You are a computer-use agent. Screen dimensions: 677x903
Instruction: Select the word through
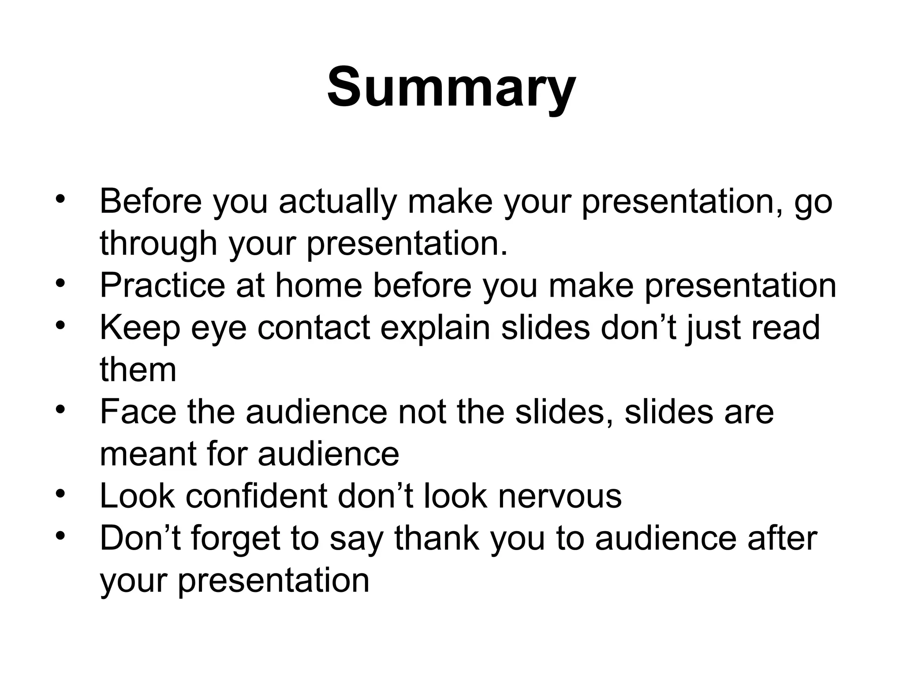click(x=158, y=244)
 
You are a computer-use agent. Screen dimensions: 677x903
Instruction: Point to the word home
click(x=318, y=285)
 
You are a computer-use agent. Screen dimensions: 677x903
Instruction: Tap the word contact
click(x=313, y=327)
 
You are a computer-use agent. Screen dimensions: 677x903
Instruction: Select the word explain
click(x=435, y=327)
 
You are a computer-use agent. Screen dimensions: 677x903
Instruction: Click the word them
click(x=138, y=369)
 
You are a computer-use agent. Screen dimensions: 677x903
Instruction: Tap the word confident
click(x=256, y=496)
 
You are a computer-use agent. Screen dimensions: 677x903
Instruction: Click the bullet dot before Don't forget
click(x=60, y=535)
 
